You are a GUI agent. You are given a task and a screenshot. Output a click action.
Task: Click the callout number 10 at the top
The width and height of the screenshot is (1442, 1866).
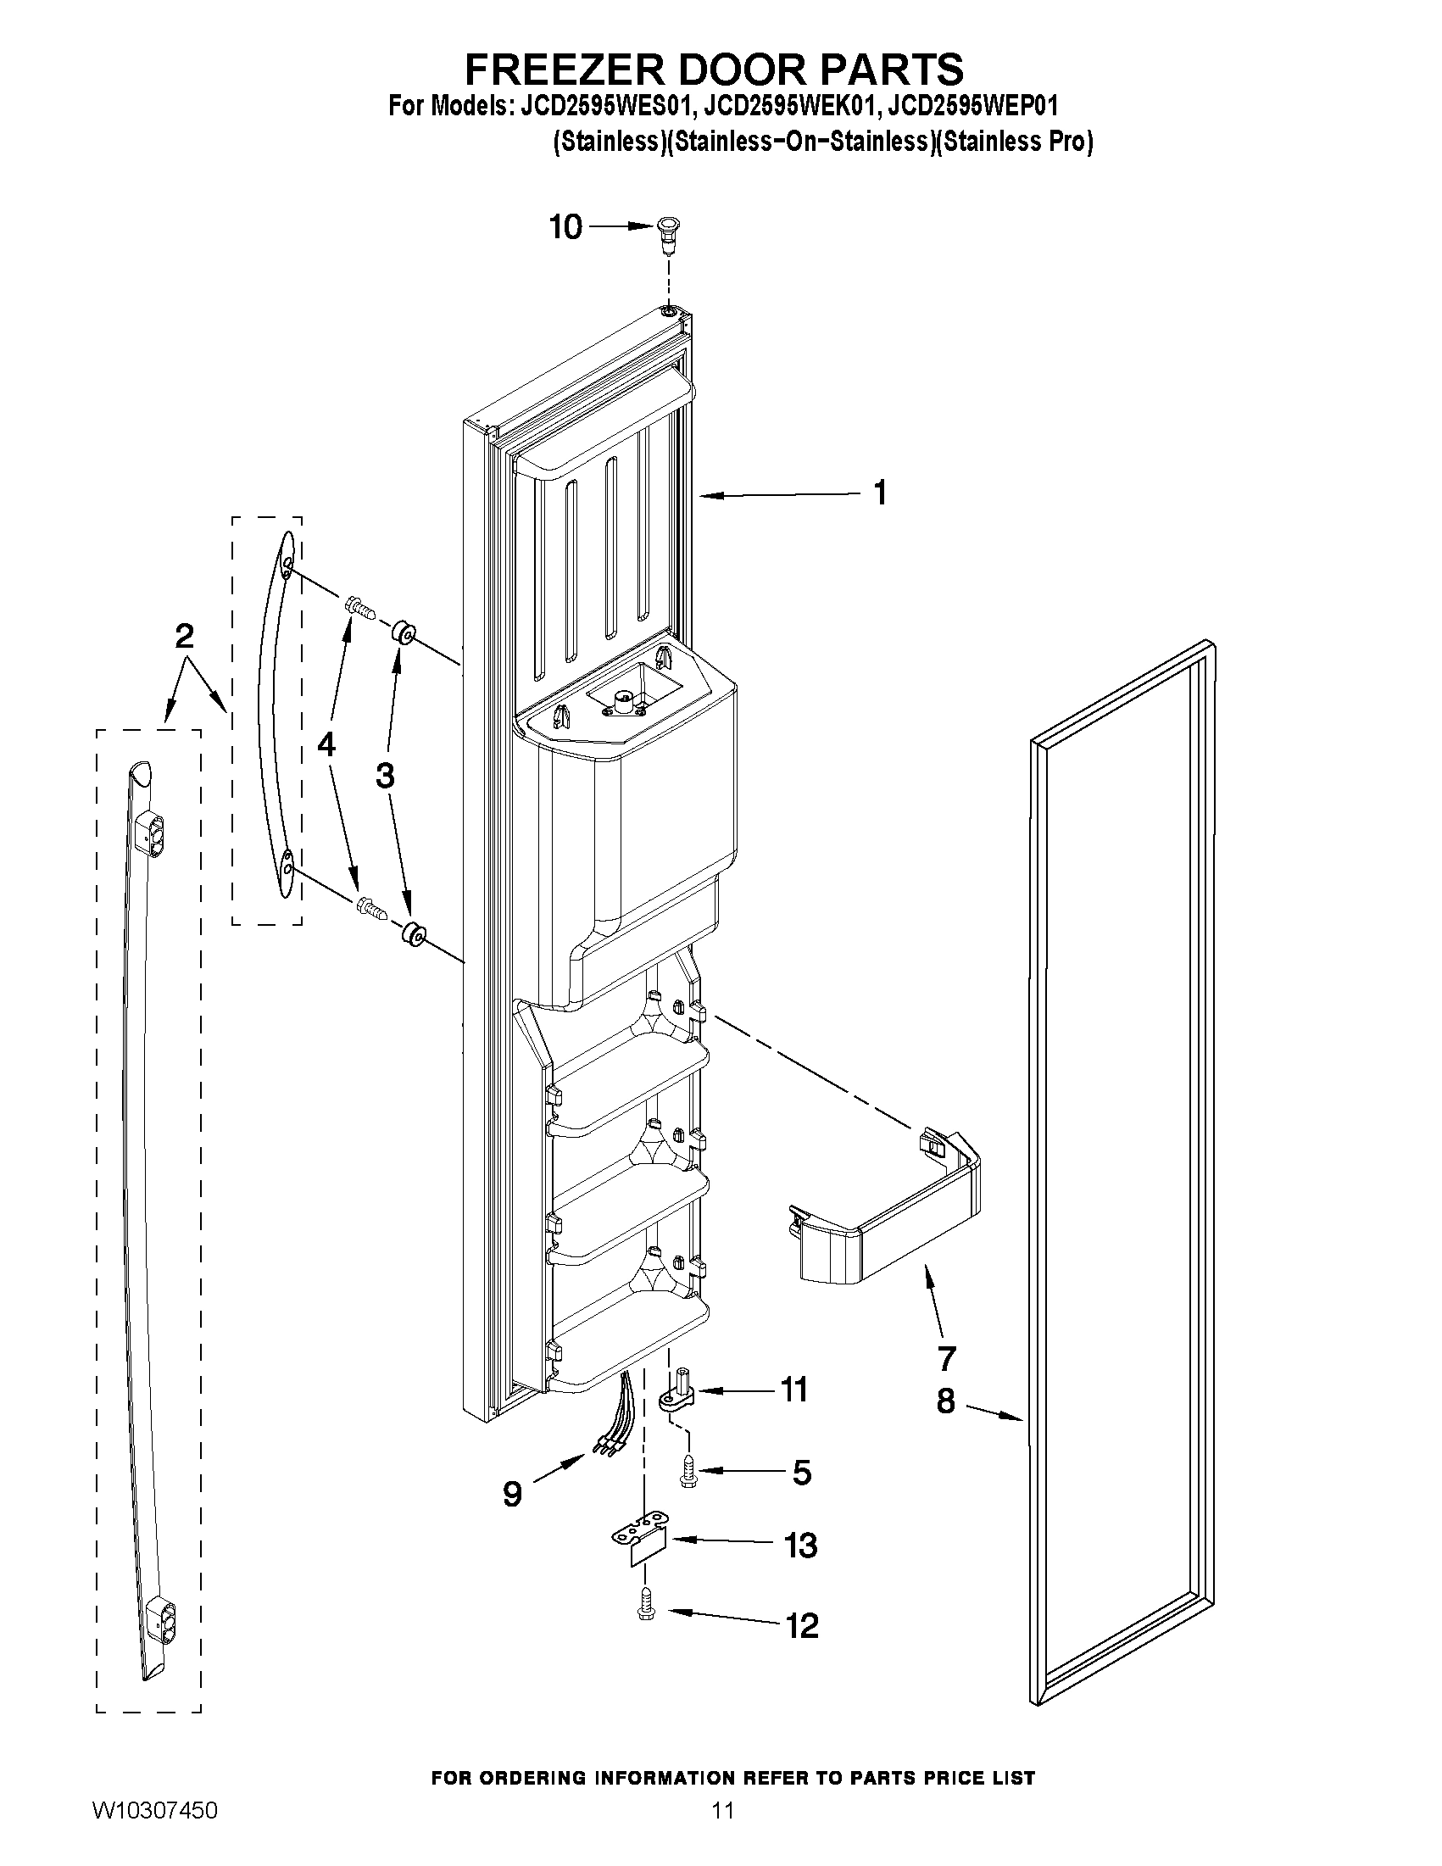[x=565, y=226]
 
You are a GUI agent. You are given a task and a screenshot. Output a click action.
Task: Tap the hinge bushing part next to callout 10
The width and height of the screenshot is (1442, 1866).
[x=668, y=234]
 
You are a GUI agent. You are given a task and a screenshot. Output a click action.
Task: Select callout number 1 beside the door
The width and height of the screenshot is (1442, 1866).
[x=880, y=493]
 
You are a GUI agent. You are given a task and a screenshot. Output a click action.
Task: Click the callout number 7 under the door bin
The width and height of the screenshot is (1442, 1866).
[x=946, y=1357]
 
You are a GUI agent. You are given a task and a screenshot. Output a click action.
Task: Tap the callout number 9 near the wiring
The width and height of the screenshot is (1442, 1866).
[x=512, y=1494]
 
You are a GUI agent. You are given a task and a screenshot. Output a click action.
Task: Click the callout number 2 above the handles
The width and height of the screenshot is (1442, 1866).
[x=184, y=637]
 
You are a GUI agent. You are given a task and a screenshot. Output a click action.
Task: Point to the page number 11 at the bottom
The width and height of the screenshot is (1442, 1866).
[x=722, y=1835]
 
